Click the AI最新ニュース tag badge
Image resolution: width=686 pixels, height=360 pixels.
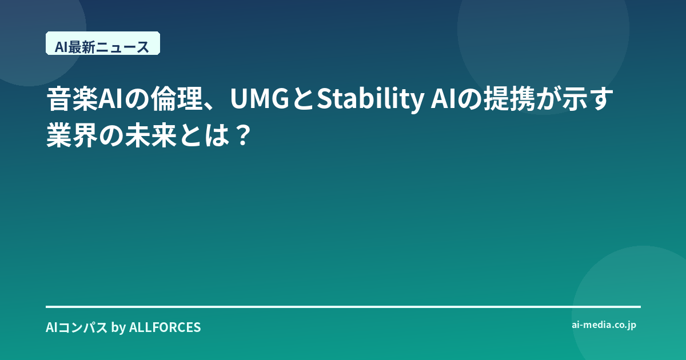point(103,43)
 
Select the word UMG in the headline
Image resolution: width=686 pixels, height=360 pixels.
point(260,98)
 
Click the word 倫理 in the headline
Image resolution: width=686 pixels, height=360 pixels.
point(176,98)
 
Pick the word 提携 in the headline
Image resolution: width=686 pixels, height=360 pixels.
point(509,98)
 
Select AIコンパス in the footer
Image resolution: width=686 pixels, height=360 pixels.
point(77,327)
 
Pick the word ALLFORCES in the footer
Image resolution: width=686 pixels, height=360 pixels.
point(165,327)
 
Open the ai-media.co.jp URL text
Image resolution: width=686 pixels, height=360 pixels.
point(604,325)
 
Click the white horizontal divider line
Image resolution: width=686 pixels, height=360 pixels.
point(343,307)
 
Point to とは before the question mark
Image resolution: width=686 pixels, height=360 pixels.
point(205,135)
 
